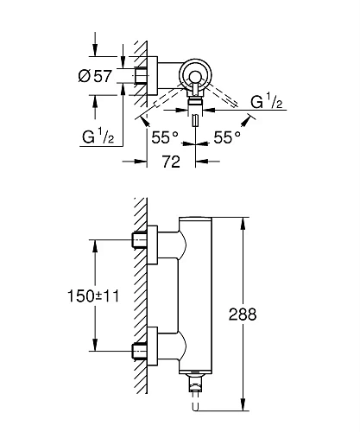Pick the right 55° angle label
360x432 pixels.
click(227, 136)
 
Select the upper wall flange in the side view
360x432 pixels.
click(153, 241)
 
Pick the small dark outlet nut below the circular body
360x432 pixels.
click(196, 102)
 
